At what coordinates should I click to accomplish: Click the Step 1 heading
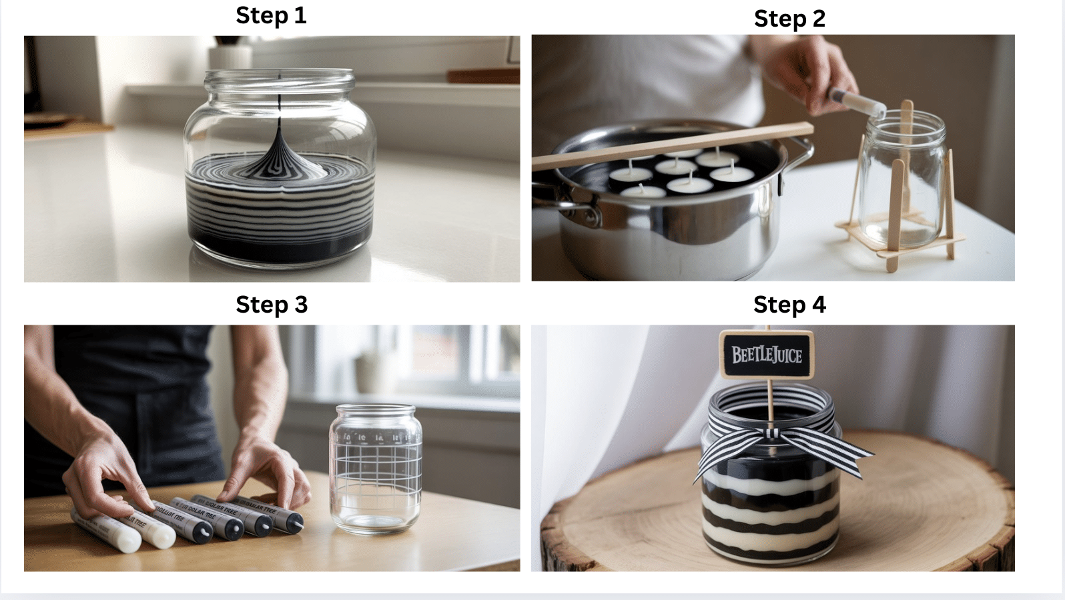pos(271,15)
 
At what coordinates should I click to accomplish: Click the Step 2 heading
pos(789,18)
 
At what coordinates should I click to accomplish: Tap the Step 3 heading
pos(271,304)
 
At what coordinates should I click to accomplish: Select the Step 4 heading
pos(789,305)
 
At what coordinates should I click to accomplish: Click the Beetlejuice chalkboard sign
pos(767,355)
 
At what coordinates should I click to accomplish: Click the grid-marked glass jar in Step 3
pos(376,470)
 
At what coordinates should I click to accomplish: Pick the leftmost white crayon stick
pos(105,531)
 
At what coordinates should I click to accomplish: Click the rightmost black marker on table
pos(284,517)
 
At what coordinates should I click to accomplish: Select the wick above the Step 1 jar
pos(278,100)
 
